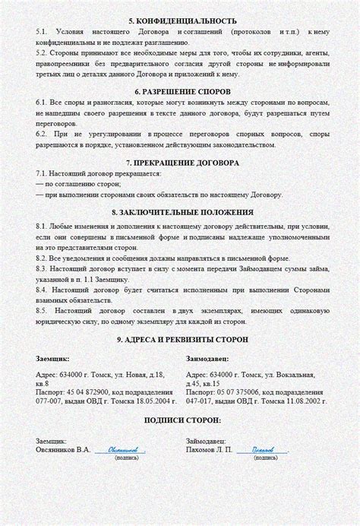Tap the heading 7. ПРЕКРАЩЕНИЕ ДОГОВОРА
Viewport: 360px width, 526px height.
point(179,163)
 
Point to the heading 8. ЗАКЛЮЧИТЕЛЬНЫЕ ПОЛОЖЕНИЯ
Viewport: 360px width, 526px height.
point(179,212)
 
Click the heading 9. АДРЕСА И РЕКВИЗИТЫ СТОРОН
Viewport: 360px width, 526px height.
point(179,338)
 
